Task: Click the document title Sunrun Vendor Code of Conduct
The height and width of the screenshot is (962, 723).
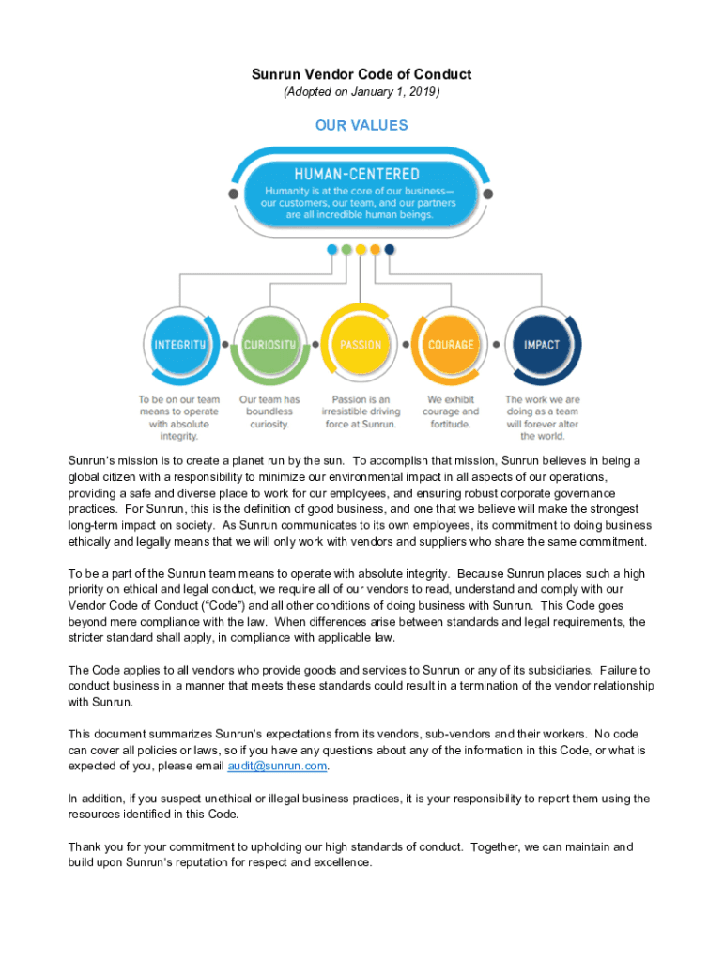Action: [x=361, y=74]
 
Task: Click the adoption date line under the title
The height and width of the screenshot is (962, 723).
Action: [x=361, y=92]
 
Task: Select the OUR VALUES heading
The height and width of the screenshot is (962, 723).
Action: [x=361, y=125]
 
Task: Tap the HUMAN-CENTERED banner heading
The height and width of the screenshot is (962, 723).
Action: [x=357, y=175]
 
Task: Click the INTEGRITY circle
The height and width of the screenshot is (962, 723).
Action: [x=179, y=345]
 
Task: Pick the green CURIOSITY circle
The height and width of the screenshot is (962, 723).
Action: [x=270, y=345]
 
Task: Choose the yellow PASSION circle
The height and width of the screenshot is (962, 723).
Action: [x=361, y=345]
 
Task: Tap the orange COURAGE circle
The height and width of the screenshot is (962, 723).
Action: [x=451, y=345]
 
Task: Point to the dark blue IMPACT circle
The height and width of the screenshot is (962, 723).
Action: [x=542, y=345]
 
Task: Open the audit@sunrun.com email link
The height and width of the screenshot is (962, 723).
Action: [x=277, y=767]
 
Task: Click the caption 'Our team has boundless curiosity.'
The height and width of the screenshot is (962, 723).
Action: [x=270, y=411]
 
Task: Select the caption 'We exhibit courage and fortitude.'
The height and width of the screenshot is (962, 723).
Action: [x=451, y=411]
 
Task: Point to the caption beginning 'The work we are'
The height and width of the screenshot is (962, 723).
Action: [x=542, y=417]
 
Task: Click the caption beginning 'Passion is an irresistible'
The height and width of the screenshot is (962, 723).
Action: [x=361, y=411]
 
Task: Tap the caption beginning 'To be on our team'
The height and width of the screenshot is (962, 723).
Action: [x=179, y=417]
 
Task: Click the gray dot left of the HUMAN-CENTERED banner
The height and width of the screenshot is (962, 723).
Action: [x=233, y=194]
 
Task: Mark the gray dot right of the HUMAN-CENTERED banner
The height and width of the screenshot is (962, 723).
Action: [x=488, y=194]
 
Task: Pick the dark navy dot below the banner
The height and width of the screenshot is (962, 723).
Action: [x=390, y=250]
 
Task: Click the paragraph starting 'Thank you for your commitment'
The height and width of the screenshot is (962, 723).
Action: [x=349, y=855]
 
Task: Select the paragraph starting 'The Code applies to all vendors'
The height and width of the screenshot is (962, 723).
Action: [x=361, y=686]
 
